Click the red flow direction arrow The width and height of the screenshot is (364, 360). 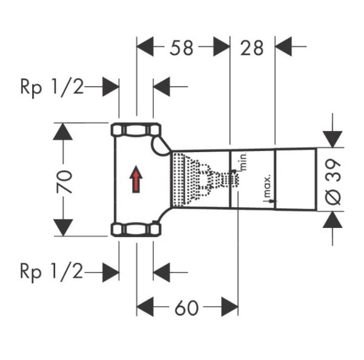coord(136,179)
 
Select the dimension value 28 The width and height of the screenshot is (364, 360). coord(252,48)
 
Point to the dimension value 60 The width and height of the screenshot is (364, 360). coord(186,308)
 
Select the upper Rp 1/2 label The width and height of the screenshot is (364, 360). coord(51,87)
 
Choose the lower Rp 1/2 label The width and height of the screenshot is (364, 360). coord(51,271)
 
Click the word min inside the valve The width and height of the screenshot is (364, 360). coord(241,161)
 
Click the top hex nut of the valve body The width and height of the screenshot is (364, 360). coord(136,130)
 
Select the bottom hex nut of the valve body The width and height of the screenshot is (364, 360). coord(136,229)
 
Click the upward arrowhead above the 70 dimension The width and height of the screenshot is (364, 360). coord(63,131)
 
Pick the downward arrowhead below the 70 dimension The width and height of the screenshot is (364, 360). coord(63,228)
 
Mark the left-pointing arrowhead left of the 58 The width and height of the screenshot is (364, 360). coord(146,46)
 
